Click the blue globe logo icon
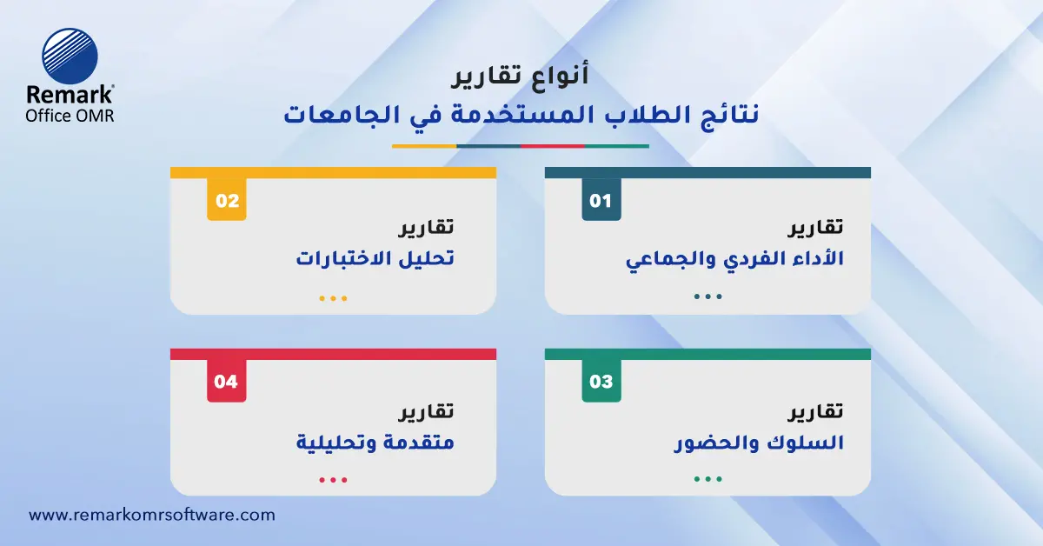[x=70, y=56]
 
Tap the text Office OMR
[x=70, y=115]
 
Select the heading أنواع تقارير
[x=521, y=77]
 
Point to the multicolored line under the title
[x=521, y=145]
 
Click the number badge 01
[x=601, y=201]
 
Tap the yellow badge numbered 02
[x=227, y=201]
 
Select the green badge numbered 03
[x=601, y=382]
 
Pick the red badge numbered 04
[x=226, y=382]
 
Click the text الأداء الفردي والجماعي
[x=735, y=260]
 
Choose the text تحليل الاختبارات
[x=375, y=260]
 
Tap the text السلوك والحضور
[x=760, y=443]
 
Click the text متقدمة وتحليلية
[x=375, y=443]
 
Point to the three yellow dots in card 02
[x=333, y=298]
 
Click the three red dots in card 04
[x=333, y=479]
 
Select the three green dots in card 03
[x=708, y=479]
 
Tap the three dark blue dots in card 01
[x=708, y=296]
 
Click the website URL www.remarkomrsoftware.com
[x=152, y=515]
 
